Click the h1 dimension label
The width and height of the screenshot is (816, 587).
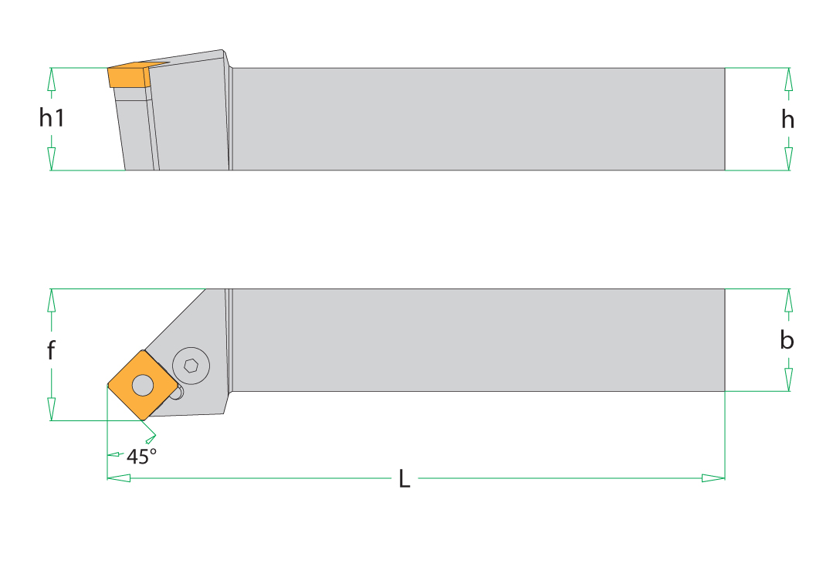pos(52,117)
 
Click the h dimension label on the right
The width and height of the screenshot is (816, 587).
pos(788,120)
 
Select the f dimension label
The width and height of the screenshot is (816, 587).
pos(51,350)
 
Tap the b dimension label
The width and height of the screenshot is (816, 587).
pos(787,341)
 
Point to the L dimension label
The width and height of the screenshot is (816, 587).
pos(405,479)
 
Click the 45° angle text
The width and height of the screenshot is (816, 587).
pos(141,457)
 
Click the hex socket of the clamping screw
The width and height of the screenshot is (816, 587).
pos(191,366)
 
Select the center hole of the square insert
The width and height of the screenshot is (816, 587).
pos(143,385)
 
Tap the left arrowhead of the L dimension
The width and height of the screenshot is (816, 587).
pos(119,477)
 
